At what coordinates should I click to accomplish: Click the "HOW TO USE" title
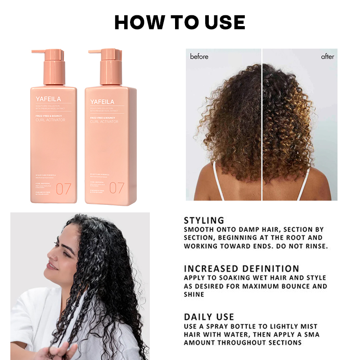click(x=180, y=22)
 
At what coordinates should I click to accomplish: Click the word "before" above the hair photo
click(x=199, y=57)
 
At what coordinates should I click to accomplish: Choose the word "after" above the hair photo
click(x=328, y=57)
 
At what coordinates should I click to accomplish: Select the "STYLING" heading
click(x=204, y=220)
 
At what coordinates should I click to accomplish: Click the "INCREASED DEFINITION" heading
click(x=241, y=269)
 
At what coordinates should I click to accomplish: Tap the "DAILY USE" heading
click(x=209, y=317)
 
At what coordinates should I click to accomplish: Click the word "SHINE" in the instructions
click(x=194, y=294)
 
